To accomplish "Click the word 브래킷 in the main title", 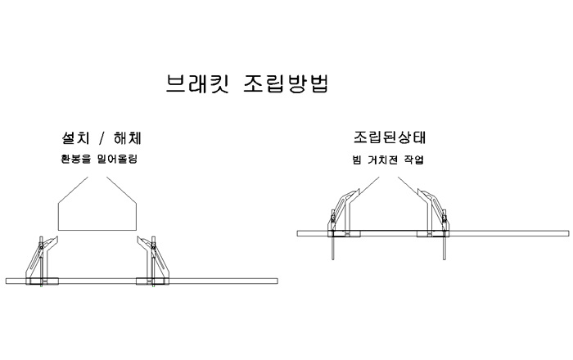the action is point(198,83).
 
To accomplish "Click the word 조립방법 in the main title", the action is point(286,83).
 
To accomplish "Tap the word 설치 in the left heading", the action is point(75,138).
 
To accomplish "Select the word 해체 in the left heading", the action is point(127,138).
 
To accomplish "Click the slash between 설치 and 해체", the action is point(102,138).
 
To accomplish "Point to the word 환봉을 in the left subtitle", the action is point(75,160).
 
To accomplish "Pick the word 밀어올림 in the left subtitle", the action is point(117,160).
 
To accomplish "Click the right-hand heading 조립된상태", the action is point(390,137).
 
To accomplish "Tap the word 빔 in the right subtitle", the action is point(357,160).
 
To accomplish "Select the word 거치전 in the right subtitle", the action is point(382,160).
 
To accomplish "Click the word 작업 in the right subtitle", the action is point(413,160).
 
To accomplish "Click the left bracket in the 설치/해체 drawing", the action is point(42,261).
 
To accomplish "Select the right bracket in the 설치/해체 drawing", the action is point(153,261).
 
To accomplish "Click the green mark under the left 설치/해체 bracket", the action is point(43,286).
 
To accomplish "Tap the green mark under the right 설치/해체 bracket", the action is point(153,286).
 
